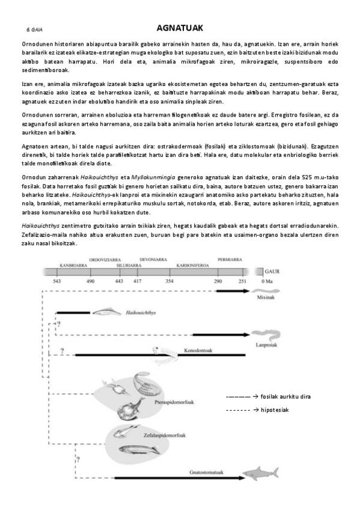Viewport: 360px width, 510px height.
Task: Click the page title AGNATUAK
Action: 180,28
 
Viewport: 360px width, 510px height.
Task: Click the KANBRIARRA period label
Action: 73,265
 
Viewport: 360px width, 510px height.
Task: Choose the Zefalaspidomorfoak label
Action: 163,434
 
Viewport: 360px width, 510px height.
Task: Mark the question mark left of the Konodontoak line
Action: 62,350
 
